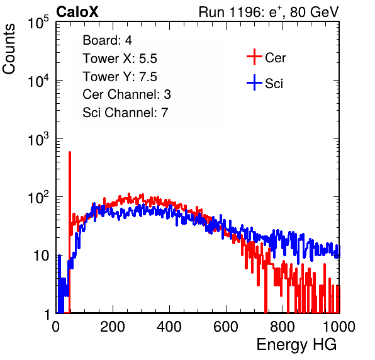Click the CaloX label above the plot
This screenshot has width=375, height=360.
77,12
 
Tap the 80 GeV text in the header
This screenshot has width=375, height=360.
314,12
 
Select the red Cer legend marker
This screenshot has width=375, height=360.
254,57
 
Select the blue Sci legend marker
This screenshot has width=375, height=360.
254,82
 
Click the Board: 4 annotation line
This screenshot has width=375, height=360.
107,40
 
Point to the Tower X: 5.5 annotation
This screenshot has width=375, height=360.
120,59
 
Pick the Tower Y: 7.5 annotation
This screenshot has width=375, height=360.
120,77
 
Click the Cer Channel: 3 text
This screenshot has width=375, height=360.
126,94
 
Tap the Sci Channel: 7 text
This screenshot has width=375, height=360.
125,113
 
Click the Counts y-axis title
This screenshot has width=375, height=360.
9,49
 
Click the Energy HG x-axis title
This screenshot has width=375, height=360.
296,345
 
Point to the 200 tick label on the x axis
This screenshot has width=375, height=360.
113,327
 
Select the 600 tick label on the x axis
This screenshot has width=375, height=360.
226,327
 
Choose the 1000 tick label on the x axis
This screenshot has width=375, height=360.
339,327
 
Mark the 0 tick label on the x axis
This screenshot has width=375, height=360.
56,327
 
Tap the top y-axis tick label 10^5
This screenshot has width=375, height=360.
38,23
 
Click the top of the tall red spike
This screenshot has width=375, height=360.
70,152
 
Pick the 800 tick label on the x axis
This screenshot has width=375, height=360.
283,327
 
